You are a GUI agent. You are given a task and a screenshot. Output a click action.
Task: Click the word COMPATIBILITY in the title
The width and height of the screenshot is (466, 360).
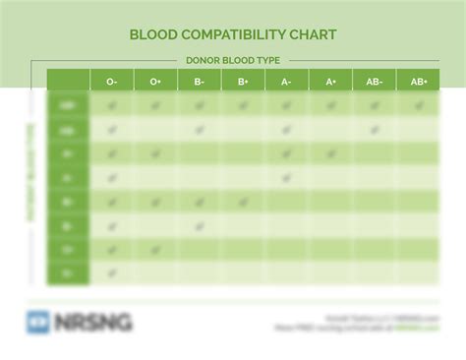(232, 34)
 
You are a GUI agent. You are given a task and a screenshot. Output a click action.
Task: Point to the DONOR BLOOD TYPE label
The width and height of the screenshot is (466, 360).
(233, 60)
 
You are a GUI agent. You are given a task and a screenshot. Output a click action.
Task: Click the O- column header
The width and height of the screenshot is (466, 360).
(112, 82)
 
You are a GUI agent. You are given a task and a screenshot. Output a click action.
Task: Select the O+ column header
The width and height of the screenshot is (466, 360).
(155, 82)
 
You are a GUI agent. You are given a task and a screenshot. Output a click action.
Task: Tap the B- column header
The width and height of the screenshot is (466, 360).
(200, 82)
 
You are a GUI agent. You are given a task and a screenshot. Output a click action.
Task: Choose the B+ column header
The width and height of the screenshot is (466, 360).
(243, 82)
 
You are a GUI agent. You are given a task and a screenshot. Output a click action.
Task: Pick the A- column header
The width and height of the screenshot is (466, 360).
(286, 82)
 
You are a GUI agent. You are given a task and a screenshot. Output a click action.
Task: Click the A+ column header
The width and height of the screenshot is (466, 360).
(330, 82)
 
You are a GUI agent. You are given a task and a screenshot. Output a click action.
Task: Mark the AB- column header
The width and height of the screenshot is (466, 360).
(374, 82)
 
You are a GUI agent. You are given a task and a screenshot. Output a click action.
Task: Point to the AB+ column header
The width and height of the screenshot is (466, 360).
(418, 82)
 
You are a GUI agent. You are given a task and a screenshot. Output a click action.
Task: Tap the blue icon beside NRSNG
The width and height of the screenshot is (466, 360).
(38, 322)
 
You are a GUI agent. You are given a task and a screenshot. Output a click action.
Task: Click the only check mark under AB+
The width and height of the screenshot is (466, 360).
(418, 105)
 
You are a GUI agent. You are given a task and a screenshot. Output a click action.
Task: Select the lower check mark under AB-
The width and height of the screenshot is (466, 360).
(374, 130)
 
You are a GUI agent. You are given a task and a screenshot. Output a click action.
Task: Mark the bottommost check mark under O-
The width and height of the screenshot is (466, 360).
(112, 273)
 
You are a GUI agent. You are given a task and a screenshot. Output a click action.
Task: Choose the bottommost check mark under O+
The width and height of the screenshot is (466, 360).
(155, 250)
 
